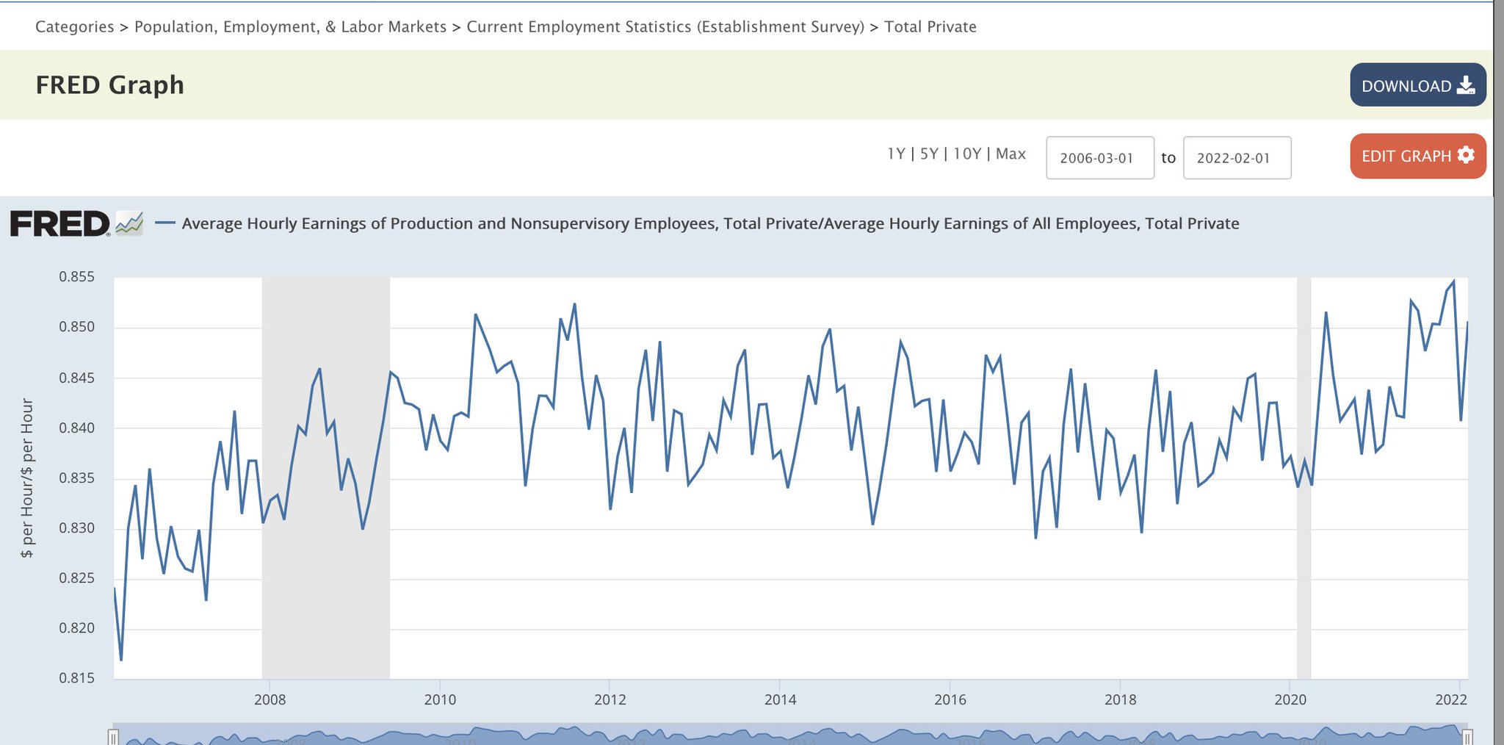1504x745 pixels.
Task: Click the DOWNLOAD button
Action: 1417,85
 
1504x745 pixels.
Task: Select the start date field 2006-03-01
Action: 1099,158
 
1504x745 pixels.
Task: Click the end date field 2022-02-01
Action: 1237,158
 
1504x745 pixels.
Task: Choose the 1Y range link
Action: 896,154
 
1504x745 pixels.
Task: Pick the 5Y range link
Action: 929,154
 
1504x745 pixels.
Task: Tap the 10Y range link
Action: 967,154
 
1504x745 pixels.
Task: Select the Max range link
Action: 1010,154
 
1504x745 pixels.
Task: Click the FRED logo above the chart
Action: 61,223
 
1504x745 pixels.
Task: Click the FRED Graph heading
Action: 110,85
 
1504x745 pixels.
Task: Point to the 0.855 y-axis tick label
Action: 77,277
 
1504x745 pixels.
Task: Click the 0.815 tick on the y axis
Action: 77,678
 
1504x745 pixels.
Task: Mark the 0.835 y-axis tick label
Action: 77,478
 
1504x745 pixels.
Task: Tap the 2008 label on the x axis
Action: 270,699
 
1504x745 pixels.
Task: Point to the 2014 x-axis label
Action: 780,699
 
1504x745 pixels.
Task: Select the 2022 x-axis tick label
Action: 1450,699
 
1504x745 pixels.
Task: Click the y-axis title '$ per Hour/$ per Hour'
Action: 27,478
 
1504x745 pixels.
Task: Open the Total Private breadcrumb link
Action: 930,27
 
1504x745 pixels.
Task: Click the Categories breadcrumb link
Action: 74,27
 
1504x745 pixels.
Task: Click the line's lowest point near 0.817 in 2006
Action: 121,659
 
